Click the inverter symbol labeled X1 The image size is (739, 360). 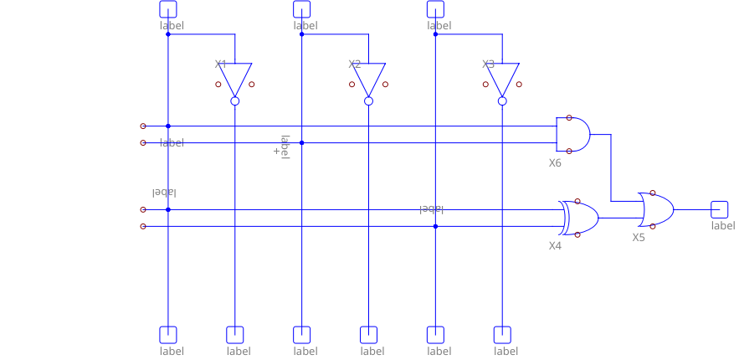tap(234, 79)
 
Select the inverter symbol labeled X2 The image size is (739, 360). tap(368, 79)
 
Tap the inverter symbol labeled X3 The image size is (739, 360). tap(502, 79)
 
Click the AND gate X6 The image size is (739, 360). tap(572, 134)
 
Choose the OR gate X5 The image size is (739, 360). tap(656, 209)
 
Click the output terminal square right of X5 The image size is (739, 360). tap(720, 209)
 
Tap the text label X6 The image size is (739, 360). tap(555, 163)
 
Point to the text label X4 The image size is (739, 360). tap(555, 246)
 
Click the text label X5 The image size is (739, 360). tap(639, 238)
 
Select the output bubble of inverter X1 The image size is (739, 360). tap(234, 100)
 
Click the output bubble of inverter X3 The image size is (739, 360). tap(502, 100)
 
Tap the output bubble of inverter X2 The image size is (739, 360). tap(368, 100)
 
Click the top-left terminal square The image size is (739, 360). tap(167, 8)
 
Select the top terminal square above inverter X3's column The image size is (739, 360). tap(435, 8)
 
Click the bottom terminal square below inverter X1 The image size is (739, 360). tap(234, 335)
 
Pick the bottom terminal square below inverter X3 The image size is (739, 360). tap(502, 335)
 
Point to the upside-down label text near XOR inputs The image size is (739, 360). tap(164, 193)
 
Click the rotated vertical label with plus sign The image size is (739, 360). tap(282, 147)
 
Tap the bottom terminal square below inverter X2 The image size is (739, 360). tap(368, 335)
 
